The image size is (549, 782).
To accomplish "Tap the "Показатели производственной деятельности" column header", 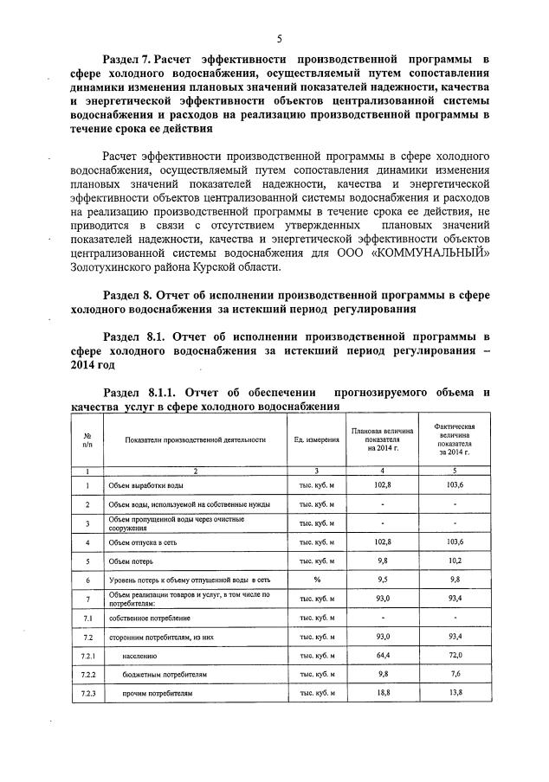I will click(x=195, y=439).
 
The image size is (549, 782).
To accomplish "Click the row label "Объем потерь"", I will click(x=128, y=560).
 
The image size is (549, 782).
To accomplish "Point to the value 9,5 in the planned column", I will click(x=383, y=580).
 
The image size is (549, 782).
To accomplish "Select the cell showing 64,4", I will click(x=383, y=655).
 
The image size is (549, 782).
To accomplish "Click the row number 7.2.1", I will click(x=87, y=655).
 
